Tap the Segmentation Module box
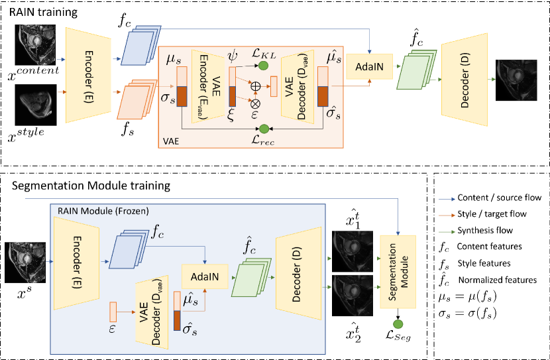(397, 272)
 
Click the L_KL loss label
(264, 51)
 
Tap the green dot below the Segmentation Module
(398, 324)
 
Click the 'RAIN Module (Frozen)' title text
(98, 211)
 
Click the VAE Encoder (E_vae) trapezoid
(203, 86)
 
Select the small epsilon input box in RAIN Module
(113, 308)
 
